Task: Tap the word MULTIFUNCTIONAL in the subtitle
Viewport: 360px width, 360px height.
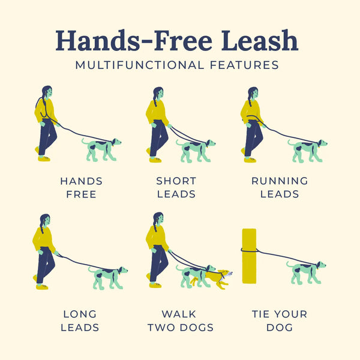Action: pyautogui.click(x=143, y=65)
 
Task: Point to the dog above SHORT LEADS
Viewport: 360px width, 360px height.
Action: pyautogui.click(x=194, y=149)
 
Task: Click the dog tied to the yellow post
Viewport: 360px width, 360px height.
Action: pyautogui.click(x=305, y=271)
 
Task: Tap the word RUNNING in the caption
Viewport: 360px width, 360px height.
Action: pyautogui.click(x=280, y=181)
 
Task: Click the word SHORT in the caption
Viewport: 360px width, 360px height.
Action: pyautogui.click(x=176, y=181)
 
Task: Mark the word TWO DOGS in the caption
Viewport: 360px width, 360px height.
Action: pyautogui.click(x=179, y=328)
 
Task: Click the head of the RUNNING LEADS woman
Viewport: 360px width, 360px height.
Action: pyautogui.click(x=253, y=94)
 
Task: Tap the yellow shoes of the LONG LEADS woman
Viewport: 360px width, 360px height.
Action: pyautogui.click(x=41, y=287)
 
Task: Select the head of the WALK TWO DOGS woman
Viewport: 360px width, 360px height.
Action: pyautogui.click(x=158, y=219)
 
